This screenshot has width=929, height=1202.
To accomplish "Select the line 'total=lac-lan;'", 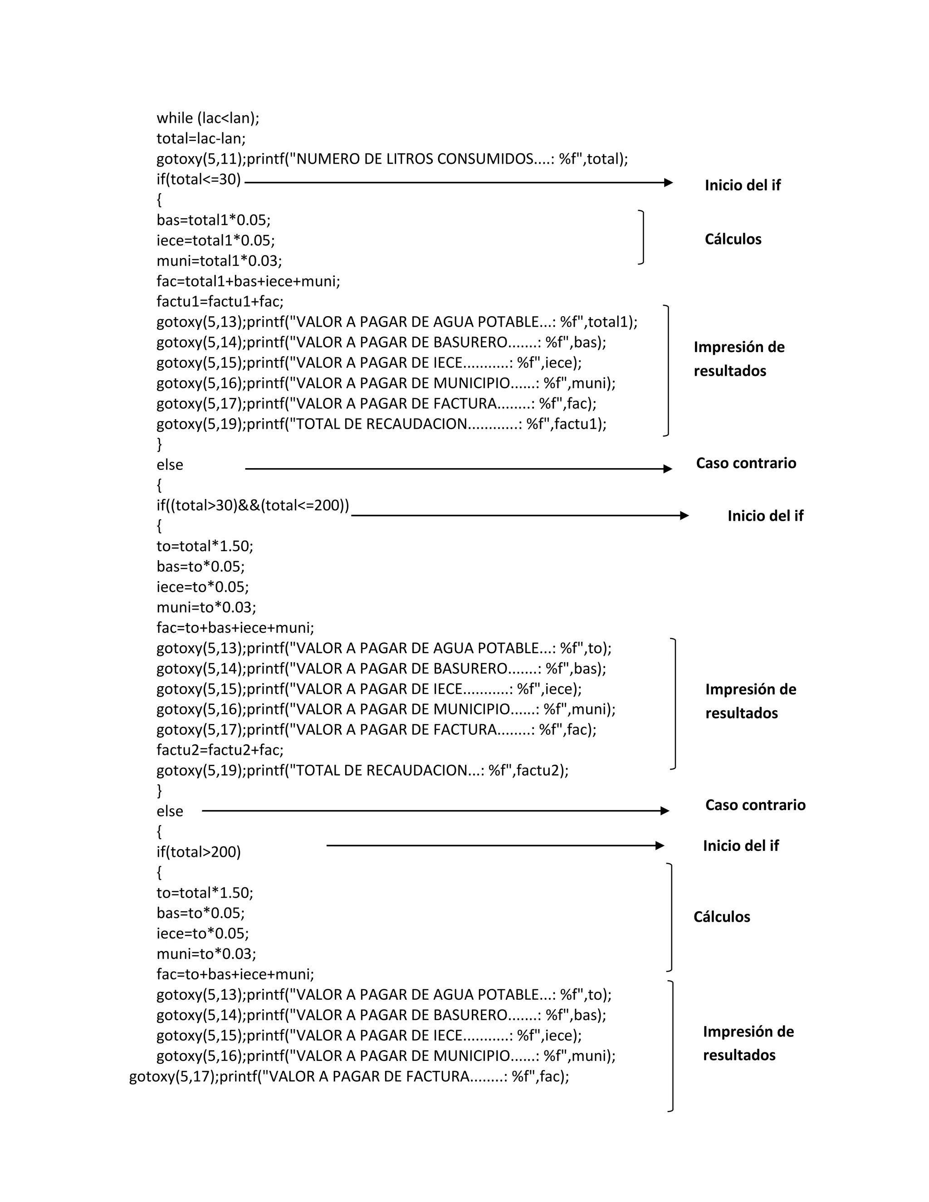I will [201, 139].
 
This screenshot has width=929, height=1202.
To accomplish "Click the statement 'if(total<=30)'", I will [199, 180].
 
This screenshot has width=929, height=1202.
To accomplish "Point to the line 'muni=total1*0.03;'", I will [219, 261].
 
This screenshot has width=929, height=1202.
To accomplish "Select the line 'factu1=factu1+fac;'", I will [220, 302].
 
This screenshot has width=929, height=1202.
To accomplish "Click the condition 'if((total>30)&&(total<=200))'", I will [253, 505].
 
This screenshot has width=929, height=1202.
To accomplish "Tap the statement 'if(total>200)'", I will [199, 852].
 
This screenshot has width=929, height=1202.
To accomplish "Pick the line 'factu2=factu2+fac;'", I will [220, 750].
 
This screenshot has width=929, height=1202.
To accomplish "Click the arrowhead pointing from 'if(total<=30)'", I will [668, 183].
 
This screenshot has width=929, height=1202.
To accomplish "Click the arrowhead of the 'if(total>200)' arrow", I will [660, 845].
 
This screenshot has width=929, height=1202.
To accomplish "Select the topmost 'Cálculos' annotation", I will [733, 239].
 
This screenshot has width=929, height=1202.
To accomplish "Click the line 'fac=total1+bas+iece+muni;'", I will [248, 281].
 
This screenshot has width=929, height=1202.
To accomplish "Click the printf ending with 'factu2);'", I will [362, 771].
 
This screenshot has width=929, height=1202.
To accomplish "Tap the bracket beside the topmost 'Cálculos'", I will [642, 237].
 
